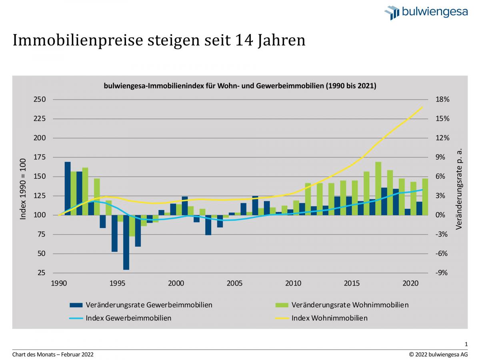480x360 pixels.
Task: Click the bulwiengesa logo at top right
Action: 426,12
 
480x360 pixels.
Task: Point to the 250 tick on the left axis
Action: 40,100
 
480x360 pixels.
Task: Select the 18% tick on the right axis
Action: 442,100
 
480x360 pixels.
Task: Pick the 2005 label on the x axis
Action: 234,284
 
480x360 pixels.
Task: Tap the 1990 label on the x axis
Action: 59,284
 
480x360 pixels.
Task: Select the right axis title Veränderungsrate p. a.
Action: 459,189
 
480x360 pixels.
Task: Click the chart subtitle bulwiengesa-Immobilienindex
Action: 240,86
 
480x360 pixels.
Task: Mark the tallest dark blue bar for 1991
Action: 68,188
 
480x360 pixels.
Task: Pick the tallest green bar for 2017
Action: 378,188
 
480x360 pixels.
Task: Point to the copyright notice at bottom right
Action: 438,354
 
